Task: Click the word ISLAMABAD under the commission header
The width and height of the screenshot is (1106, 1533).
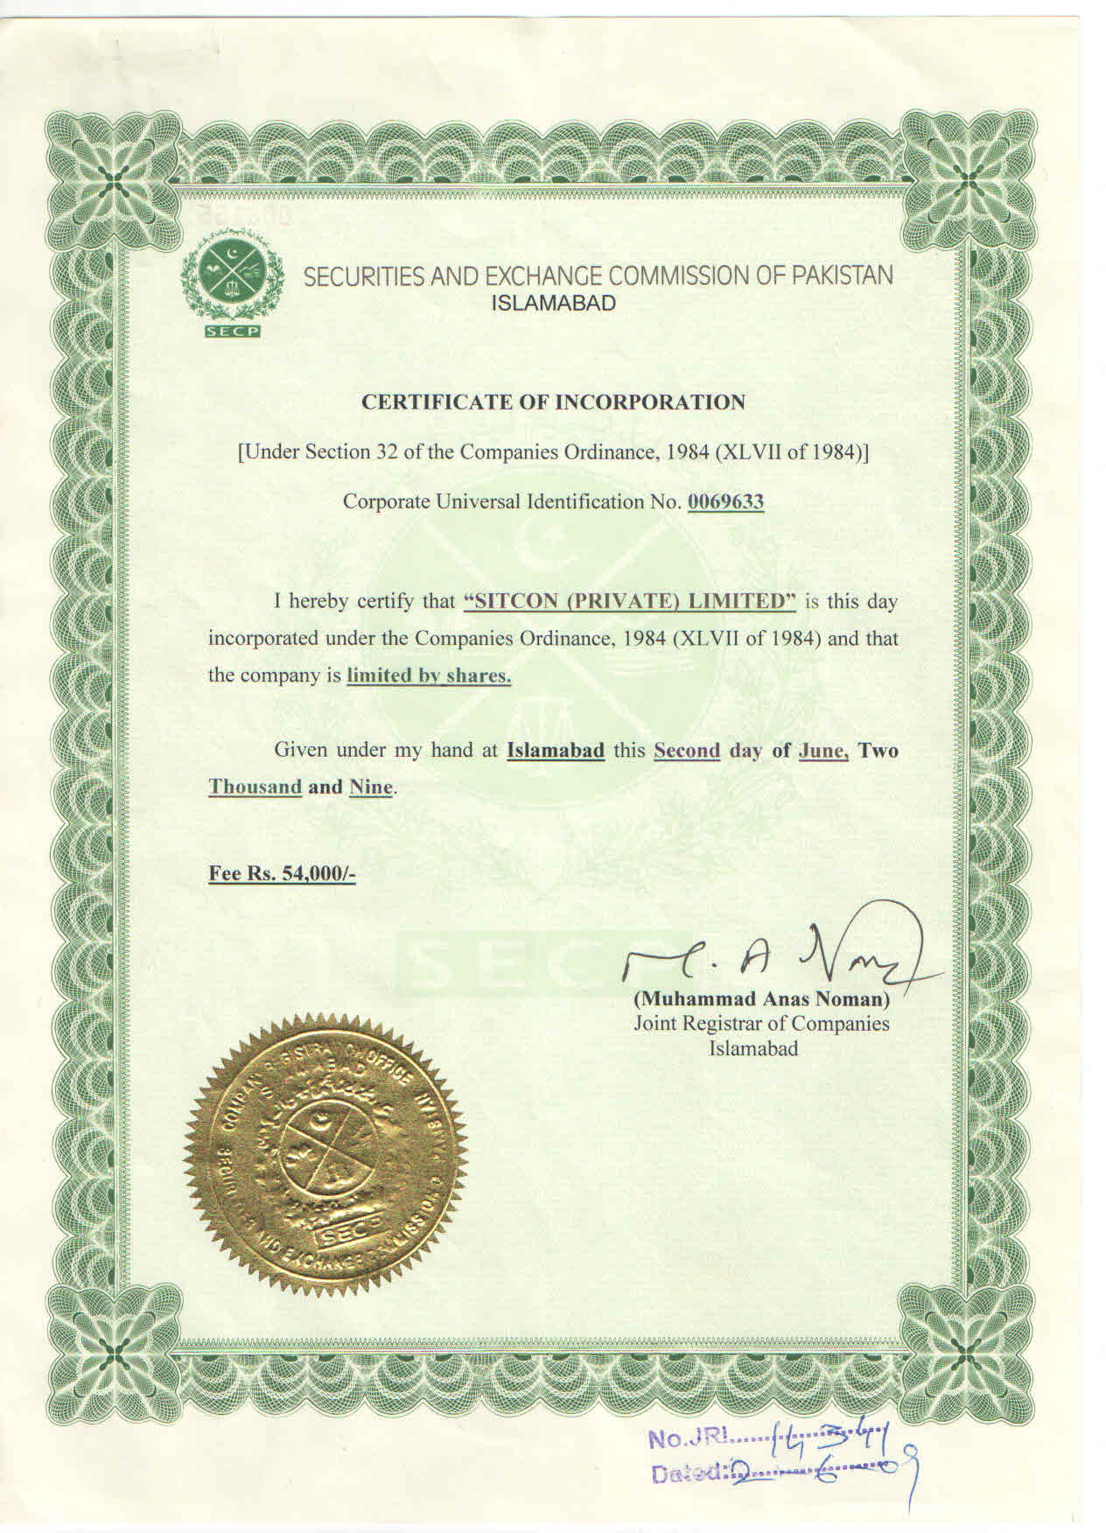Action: (x=555, y=304)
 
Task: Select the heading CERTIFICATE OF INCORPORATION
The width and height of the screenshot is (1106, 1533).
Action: (x=554, y=402)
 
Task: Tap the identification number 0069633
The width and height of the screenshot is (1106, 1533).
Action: (x=725, y=502)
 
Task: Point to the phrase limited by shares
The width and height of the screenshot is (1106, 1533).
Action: (x=429, y=676)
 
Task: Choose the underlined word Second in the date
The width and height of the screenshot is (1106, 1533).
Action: (x=687, y=751)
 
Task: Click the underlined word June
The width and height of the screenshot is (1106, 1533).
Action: (x=823, y=751)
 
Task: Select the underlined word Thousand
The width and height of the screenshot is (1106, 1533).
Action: (x=255, y=787)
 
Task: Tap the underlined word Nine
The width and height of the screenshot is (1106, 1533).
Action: (x=371, y=787)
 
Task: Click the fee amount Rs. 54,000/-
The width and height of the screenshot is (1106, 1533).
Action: (x=282, y=873)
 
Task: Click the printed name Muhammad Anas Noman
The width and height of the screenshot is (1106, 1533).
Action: (x=761, y=998)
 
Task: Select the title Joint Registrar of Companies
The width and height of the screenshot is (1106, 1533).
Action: (x=761, y=1024)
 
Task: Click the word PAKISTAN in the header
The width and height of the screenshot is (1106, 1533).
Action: (x=843, y=276)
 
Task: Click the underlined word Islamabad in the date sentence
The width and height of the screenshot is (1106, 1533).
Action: (x=556, y=751)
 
